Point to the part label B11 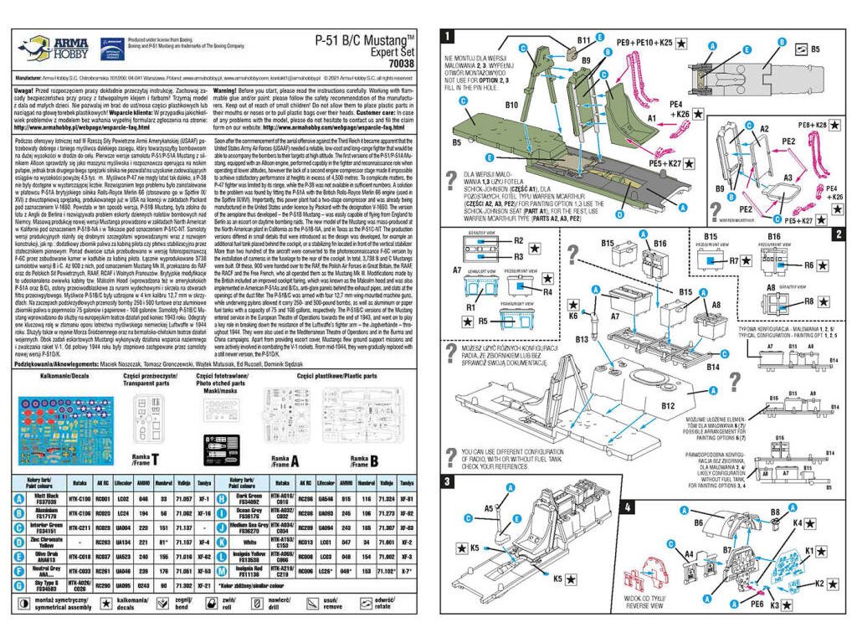(583, 40)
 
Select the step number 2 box (838, 234)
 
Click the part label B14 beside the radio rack (712, 367)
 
